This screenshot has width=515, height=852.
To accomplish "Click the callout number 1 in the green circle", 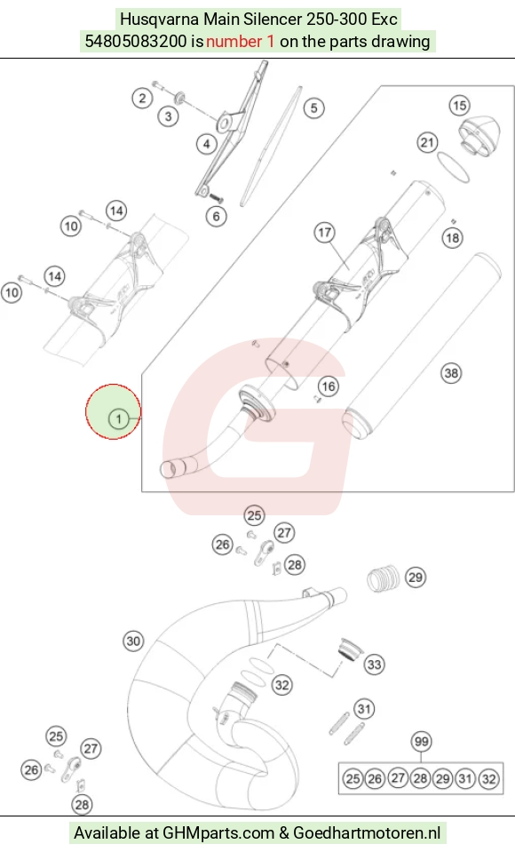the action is click(x=118, y=419).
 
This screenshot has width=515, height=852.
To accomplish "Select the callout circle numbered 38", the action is click(x=451, y=373).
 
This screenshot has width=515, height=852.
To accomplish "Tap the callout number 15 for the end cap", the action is click(x=459, y=106).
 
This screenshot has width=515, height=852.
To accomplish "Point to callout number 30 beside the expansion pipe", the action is click(x=134, y=641).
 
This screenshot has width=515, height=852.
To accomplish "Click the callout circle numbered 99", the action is click(x=421, y=741).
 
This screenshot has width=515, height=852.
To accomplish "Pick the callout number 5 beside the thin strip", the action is click(x=313, y=108).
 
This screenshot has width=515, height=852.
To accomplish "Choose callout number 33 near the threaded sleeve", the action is click(x=375, y=664).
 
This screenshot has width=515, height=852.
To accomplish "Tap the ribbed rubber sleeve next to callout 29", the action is click(x=383, y=578).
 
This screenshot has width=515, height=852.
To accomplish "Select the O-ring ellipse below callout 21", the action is click(x=453, y=166).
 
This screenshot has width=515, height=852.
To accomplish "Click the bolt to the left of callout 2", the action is click(x=157, y=84).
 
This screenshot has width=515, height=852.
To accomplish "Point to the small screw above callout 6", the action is click(x=215, y=196).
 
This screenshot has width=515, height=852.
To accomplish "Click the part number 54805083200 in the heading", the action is click(x=136, y=41).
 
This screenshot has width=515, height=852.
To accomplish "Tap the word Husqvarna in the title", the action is click(x=160, y=20).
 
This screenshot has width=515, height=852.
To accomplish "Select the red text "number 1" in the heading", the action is click(x=240, y=41).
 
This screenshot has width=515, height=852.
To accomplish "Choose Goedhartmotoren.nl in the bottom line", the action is click(x=368, y=833).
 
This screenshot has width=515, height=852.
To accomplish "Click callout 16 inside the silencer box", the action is click(x=329, y=386).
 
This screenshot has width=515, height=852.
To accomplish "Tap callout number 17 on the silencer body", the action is click(x=324, y=233).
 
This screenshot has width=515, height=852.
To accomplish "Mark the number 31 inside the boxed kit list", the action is click(x=465, y=778).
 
